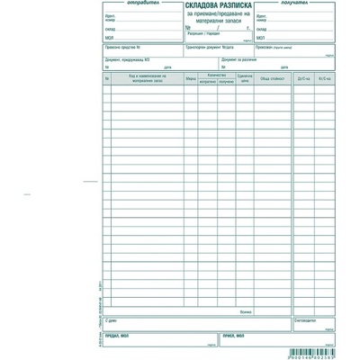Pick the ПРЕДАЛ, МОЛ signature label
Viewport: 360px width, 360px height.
click(x=118, y=335)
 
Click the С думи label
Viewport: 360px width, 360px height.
click(x=111, y=319)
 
